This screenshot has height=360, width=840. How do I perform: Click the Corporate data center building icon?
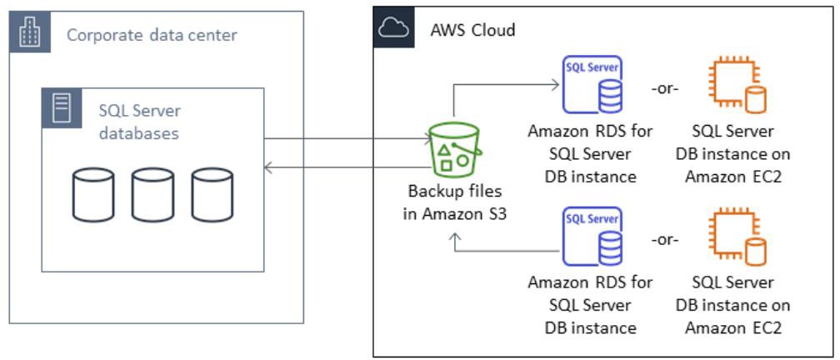pyautogui.click(x=28, y=33)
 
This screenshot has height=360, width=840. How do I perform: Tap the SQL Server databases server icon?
pyautogui.click(x=61, y=108)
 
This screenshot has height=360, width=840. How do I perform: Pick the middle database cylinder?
pyautogui.click(x=147, y=195)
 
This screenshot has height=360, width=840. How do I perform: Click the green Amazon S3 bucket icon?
pyautogui.click(x=453, y=147)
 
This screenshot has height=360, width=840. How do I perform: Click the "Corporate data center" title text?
pyautogui.click(x=152, y=35)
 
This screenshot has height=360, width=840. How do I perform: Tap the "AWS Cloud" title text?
pyautogui.click(x=472, y=31)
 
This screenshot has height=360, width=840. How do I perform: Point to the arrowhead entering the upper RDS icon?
pyautogui.click(x=553, y=83)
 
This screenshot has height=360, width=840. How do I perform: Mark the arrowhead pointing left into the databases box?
pyautogui.click(x=269, y=168)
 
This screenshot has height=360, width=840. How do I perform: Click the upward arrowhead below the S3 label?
pyautogui.click(x=455, y=238)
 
